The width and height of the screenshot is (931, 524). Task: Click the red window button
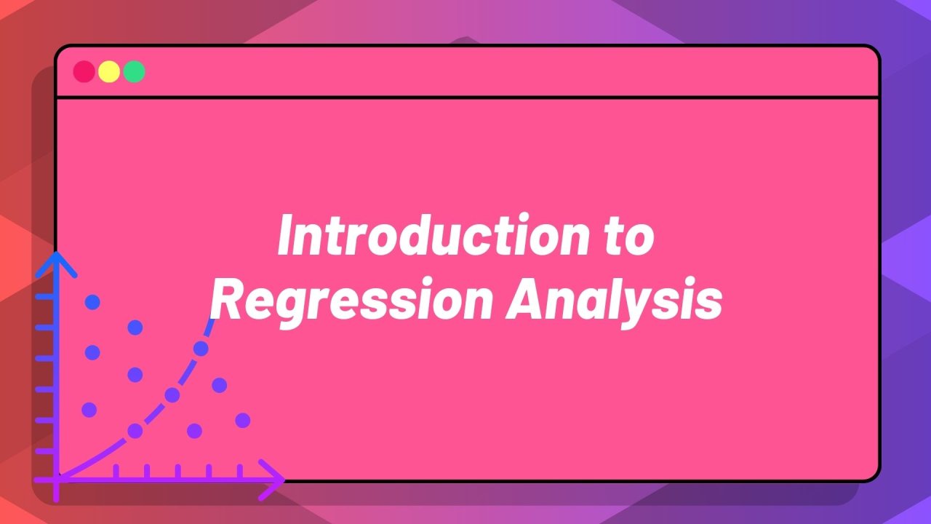(84, 71)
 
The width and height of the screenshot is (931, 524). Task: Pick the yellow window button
(109, 71)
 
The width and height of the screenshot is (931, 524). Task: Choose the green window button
(134, 71)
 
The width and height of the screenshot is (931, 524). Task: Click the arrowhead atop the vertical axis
(56, 262)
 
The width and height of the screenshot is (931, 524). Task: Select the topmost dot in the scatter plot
(92, 301)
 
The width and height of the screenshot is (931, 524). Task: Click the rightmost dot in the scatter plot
(243, 420)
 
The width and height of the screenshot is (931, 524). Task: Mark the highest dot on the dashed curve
(201, 349)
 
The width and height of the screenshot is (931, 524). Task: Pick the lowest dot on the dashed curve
(135, 431)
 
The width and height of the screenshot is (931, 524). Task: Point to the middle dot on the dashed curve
(172, 395)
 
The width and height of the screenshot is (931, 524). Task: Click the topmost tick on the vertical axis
(45, 297)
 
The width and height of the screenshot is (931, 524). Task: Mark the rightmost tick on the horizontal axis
(240, 472)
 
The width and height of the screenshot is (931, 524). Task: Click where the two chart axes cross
(56, 479)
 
